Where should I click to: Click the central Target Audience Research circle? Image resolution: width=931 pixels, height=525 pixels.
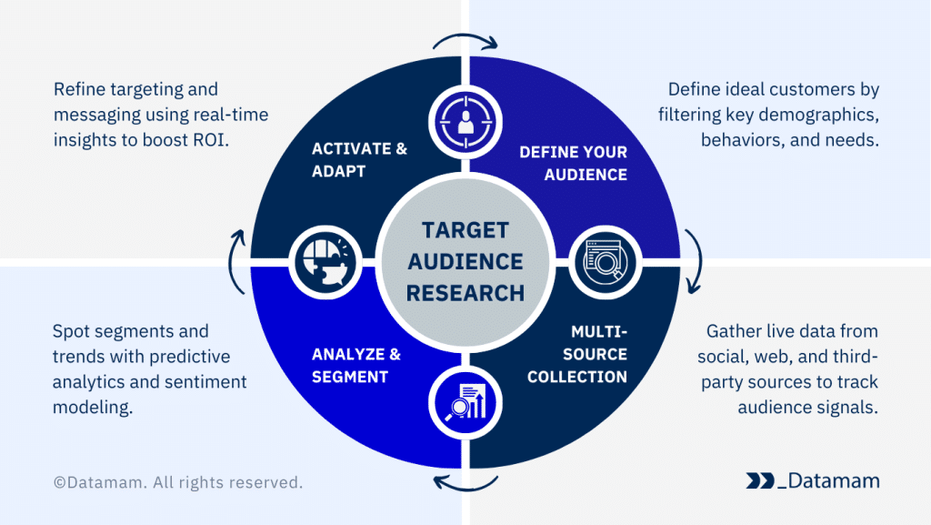pos(465,261)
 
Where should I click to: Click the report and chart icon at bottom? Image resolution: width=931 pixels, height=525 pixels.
pos(465,401)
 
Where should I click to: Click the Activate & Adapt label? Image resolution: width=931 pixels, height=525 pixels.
pos(359,160)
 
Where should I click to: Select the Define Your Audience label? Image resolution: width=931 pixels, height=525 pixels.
pos(573,163)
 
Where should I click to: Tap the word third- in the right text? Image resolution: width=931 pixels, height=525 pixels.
pos(855,357)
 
